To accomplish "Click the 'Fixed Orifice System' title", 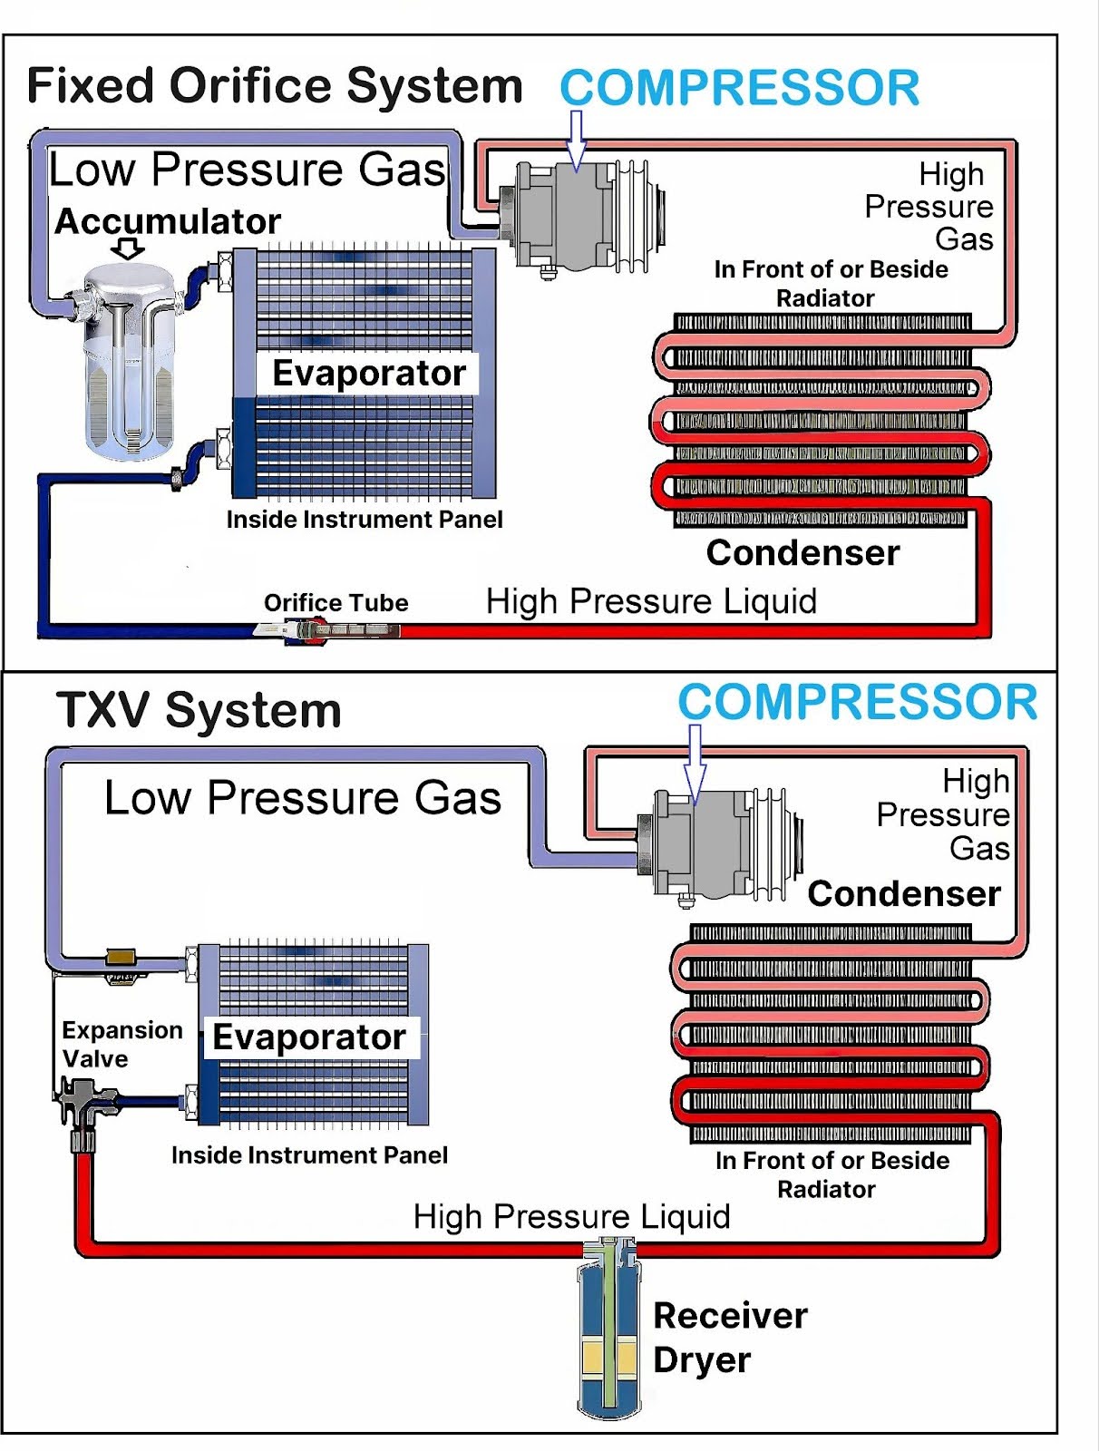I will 275,87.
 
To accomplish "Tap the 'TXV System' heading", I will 199,710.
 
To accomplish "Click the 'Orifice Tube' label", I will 336,603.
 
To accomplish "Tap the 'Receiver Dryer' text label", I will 730,1338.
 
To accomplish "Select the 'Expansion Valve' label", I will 122,1044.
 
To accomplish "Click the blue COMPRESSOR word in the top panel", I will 739,88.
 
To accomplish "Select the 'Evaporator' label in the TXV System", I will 309,1037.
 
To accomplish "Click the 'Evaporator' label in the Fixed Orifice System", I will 368,374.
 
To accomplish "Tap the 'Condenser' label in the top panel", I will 802,552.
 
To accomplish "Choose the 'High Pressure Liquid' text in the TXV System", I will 571,1216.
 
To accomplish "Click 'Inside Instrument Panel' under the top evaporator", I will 364,520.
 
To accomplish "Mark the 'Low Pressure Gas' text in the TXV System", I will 303,798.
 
